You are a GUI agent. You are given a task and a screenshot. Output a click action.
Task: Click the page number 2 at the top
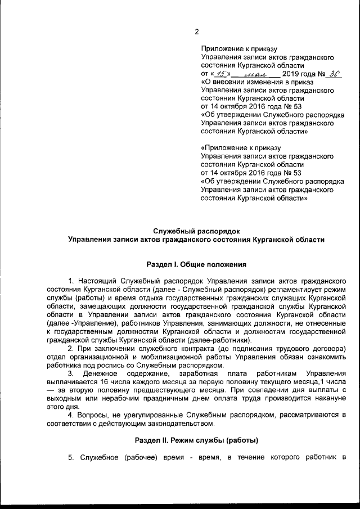coord(196,31)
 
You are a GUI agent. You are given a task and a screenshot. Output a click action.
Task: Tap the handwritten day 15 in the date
coord(220,74)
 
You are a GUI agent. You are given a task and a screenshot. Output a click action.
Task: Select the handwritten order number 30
coord(334,73)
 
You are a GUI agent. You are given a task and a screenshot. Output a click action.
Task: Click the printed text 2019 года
coord(299,74)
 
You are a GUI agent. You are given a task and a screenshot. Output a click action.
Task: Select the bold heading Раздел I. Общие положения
coord(196,264)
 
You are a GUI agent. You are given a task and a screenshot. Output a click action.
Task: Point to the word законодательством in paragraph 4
coord(178,424)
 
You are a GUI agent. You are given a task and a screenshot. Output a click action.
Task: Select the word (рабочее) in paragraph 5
coord(133,457)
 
